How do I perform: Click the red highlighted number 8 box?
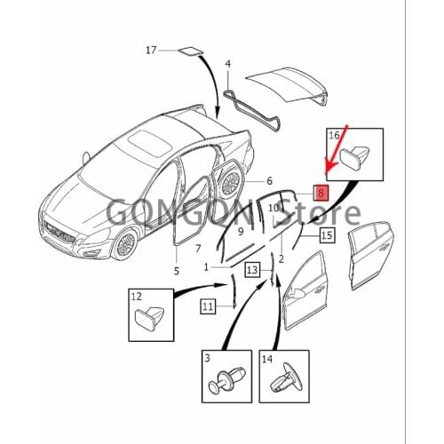[x=321, y=193]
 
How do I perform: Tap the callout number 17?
[x=151, y=51]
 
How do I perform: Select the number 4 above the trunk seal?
[x=227, y=64]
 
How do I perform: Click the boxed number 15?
[x=327, y=235]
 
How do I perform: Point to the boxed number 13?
[x=252, y=270]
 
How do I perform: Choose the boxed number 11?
[x=208, y=306]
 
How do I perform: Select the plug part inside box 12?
[x=149, y=317]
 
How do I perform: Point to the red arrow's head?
[x=328, y=171]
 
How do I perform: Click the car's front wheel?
[x=125, y=245]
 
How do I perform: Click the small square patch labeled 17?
[x=191, y=52]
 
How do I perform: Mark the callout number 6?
[x=269, y=180]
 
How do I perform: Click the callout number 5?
[x=177, y=271]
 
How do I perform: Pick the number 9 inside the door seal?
[x=241, y=231]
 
